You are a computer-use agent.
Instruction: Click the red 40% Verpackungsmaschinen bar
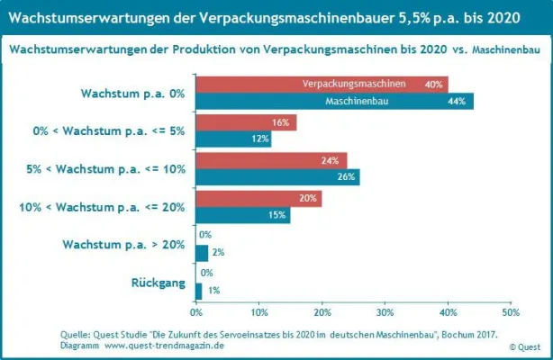pyautogui.click(x=322, y=84)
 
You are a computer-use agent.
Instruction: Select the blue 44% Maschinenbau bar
pyautogui.click(x=334, y=101)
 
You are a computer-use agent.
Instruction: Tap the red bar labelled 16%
pyautogui.click(x=246, y=122)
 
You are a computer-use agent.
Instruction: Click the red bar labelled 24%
pyautogui.click(x=271, y=161)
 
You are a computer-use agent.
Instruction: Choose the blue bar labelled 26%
pyautogui.click(x=277, y=177)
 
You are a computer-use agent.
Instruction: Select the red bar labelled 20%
pyautogui.click(x=258, y=199)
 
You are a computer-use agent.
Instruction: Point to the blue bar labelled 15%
pyautogui.click(x=243, y=215)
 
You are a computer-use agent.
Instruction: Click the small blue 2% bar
pyautogui.click(x=202, y=253)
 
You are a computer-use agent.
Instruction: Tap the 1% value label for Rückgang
pyautogui.click(x=213, y=291)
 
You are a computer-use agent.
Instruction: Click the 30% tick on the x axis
pyautogui.click(x=385, y=313)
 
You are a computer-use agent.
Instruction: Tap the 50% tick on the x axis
pyautogui.click(x=510, y=313)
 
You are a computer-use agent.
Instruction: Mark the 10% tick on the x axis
pyautogui.click(x=259, y=313)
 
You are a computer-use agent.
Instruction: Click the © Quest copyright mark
pyautogui.click(x=524, y=346)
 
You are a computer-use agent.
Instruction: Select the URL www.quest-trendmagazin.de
pyautogui.click(x=165, y=346)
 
